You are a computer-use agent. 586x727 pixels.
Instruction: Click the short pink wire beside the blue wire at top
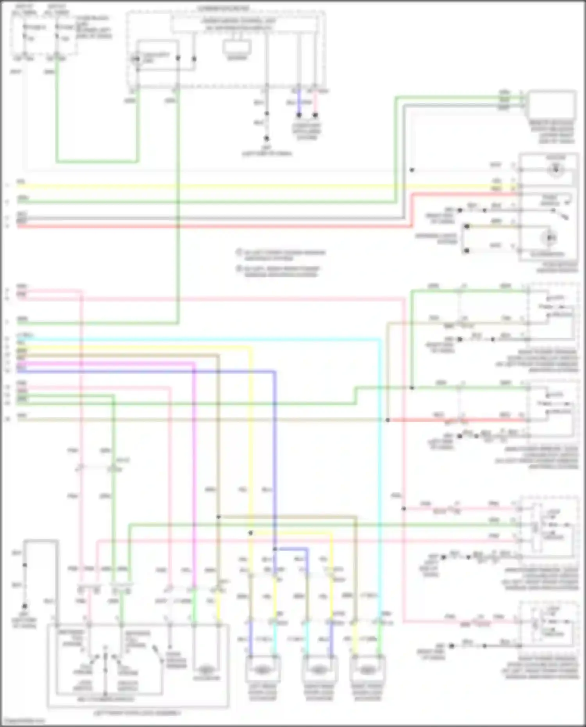[x=315, y=104]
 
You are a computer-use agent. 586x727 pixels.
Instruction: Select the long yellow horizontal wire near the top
[x=234, y=186]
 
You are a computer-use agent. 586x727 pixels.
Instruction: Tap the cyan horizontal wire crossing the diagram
[x=195, y=339]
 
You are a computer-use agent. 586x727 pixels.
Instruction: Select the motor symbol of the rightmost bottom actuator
[x=367, y=670]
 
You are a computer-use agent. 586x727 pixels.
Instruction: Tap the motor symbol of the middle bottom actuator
[x=318, y=670]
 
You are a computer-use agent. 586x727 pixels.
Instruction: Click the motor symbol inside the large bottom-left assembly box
[x=207, y=669]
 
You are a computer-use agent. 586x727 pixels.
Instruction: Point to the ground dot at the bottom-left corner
[x=25, y=606]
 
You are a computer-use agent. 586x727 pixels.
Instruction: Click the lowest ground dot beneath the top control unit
[x=266, y=138]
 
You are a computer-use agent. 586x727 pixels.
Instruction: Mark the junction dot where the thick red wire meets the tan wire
[x=388, y=420]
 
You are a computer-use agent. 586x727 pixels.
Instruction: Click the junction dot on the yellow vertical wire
[x=251, y=533]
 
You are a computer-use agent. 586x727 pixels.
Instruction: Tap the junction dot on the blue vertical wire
[x=275, y=549]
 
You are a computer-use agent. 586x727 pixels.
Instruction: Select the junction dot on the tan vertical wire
[x=218, y=517]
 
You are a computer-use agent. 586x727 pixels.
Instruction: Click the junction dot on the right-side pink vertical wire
[x=404, y=509]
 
